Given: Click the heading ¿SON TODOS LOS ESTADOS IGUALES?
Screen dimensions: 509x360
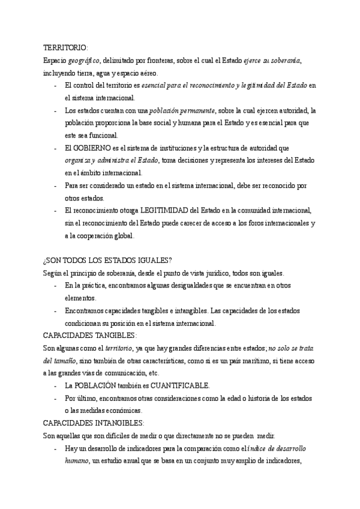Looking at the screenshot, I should (x=107, y=260).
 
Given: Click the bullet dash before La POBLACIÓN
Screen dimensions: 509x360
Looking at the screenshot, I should (x=55, y=385).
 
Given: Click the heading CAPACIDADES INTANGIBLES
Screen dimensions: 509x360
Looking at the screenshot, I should (x=95, y=423).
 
